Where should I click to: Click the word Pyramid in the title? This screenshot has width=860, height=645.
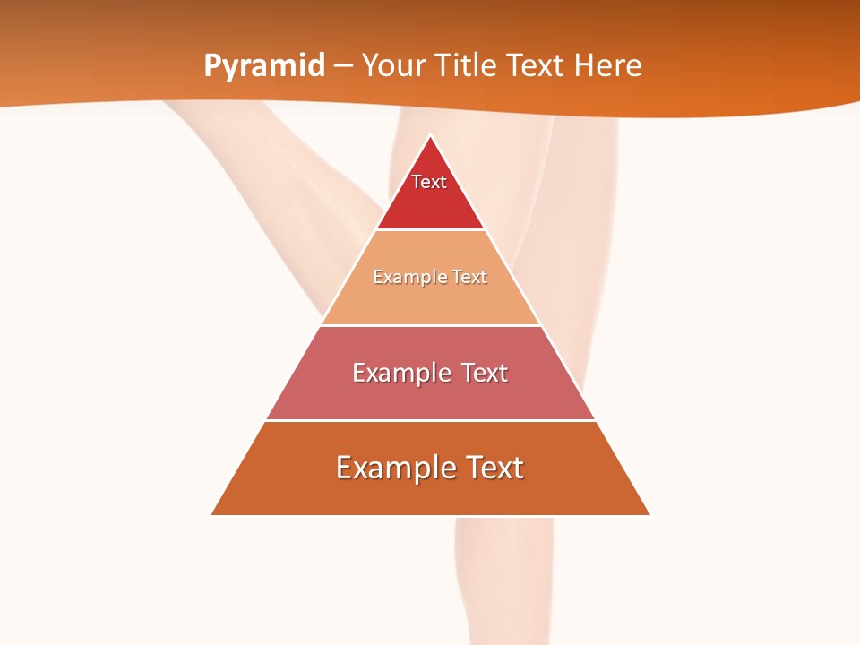263,66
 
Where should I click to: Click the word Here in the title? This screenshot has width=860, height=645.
608,65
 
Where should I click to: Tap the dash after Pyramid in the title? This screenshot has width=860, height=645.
343,66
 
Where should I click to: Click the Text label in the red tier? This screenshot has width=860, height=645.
429,182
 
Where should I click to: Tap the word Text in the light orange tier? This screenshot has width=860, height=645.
469,278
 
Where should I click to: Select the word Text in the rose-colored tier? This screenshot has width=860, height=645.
484,373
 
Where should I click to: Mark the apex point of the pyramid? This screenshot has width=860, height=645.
431,136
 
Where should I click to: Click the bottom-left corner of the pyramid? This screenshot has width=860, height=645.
212,514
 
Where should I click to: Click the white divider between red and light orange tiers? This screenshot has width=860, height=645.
430,230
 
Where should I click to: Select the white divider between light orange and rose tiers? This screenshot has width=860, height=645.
430,325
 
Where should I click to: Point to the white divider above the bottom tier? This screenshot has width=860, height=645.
430,420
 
